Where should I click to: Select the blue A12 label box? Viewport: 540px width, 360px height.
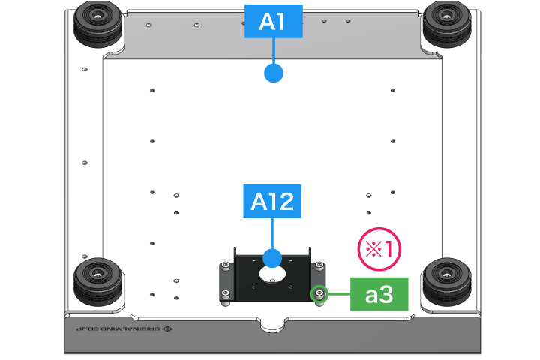271,201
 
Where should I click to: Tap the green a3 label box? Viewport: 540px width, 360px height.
379,294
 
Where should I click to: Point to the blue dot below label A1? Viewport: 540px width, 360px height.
273,73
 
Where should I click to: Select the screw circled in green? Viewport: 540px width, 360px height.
319,292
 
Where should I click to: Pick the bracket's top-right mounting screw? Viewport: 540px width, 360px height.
320,265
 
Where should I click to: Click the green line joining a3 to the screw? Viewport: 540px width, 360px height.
339,293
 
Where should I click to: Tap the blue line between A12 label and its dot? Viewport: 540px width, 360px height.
271,234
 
